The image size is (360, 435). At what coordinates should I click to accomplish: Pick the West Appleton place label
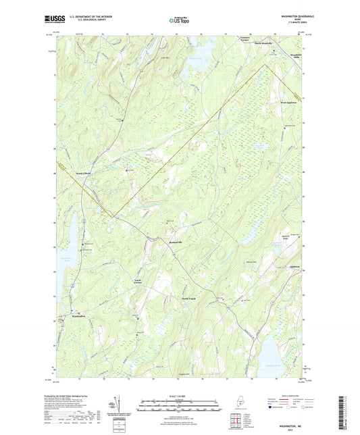(289, 103)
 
